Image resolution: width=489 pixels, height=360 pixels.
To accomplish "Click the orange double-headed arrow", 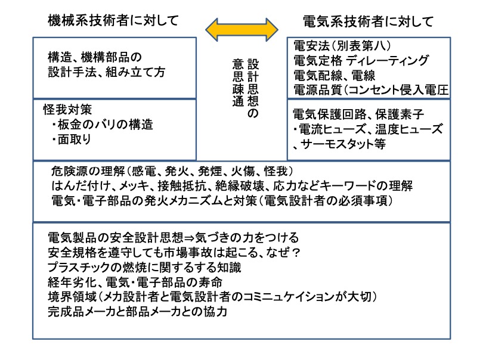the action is (242, 30).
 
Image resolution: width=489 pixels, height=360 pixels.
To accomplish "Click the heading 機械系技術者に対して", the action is (113, 21).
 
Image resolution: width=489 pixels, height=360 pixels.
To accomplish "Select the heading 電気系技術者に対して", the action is (369, 21).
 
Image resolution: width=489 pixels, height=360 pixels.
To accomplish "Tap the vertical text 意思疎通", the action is (238, 83).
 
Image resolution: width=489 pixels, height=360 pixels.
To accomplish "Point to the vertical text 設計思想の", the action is (253, 89).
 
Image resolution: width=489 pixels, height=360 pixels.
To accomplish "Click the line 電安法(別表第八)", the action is (342, 46).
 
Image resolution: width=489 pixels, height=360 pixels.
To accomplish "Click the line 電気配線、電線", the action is (335, 76).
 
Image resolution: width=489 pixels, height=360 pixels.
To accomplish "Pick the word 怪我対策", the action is (67, 110).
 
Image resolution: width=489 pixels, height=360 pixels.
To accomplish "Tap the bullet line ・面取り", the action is (71, 139).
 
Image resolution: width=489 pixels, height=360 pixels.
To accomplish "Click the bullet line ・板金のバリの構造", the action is (102, 125).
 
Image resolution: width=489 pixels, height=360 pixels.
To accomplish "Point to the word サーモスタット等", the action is (343, 144).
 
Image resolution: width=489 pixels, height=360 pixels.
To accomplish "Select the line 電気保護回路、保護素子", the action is (358, 114).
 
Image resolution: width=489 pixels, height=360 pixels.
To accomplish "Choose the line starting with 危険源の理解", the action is (172, 171).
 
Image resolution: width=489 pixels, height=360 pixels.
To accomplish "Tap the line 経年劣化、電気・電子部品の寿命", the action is (135, 283).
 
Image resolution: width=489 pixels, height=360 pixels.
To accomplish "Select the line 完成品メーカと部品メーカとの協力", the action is (137, 311).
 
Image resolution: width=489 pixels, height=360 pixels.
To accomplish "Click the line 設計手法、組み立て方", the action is (106, 72).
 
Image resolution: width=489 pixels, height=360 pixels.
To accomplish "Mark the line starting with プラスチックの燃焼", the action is (144, 268).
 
